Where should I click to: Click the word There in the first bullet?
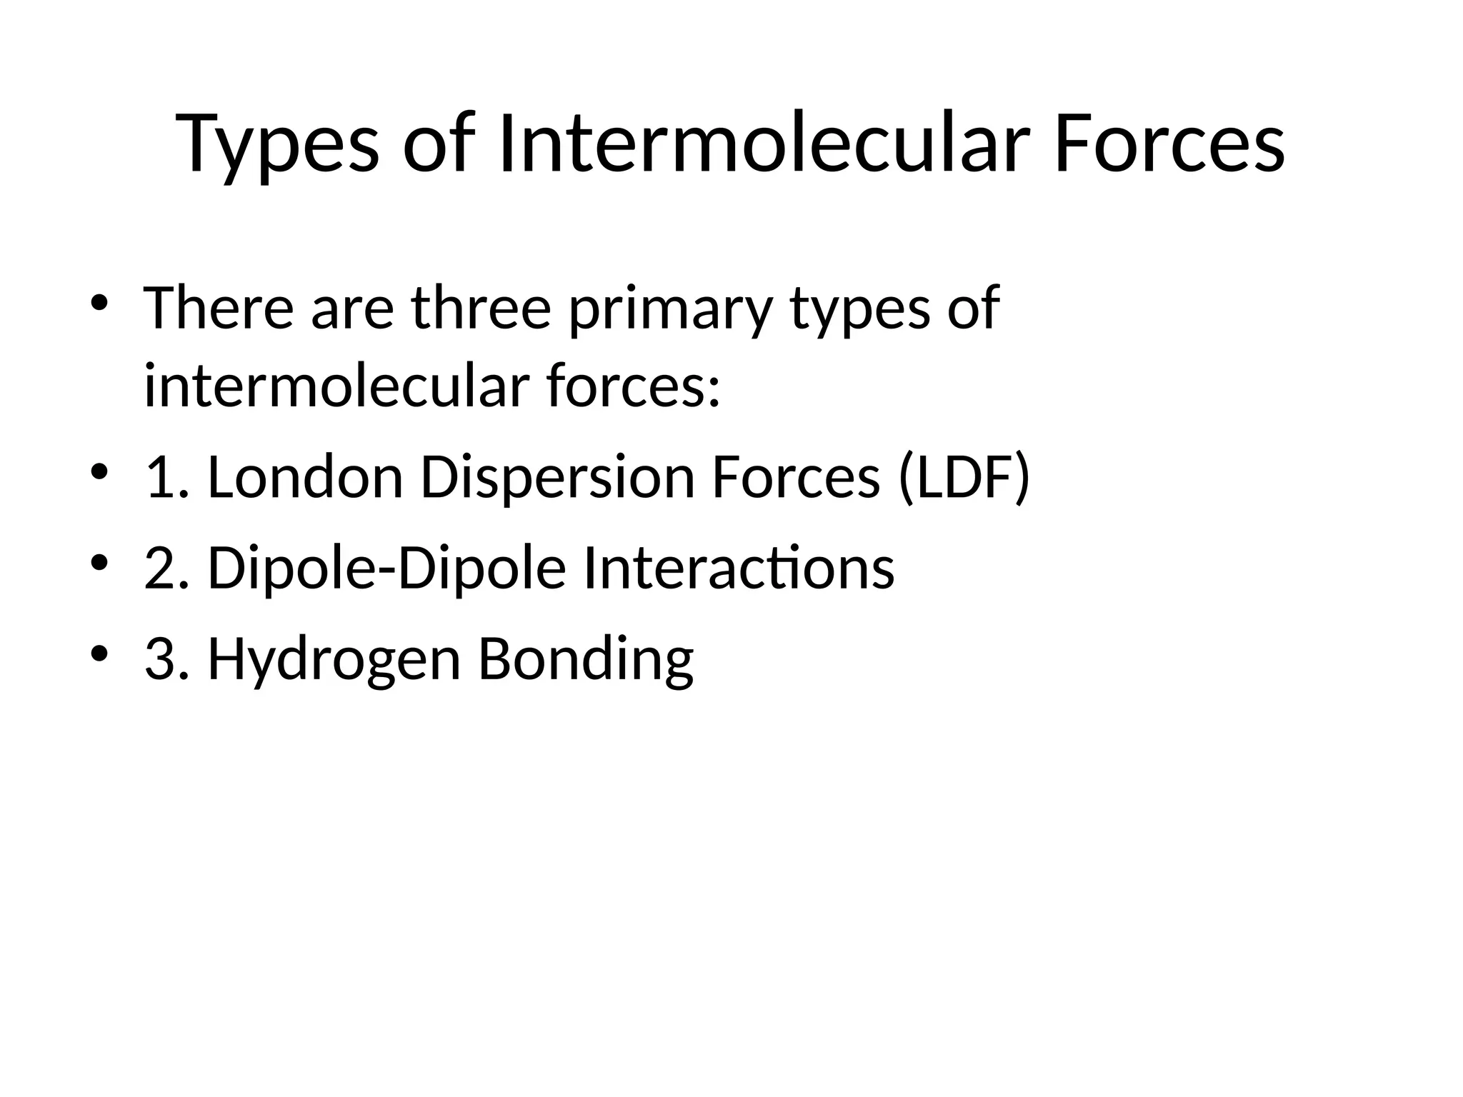[219, 308]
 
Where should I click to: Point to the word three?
[481, 308]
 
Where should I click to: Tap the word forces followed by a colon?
[632, 386]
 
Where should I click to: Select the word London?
[306, 477]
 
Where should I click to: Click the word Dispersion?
[557, 477]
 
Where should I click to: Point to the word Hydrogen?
[334, 660]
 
